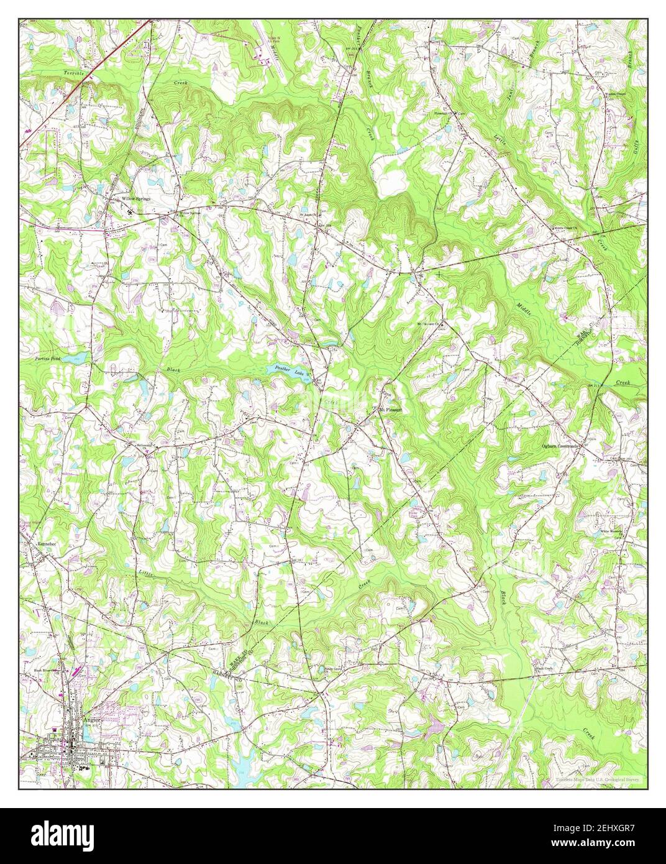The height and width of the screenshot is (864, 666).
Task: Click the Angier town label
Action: click(91, 720)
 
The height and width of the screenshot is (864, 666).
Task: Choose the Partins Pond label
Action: click(45, 360)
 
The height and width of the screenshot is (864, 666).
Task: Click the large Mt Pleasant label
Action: click(391, 410)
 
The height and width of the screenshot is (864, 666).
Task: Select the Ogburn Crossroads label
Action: click(560, 446)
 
